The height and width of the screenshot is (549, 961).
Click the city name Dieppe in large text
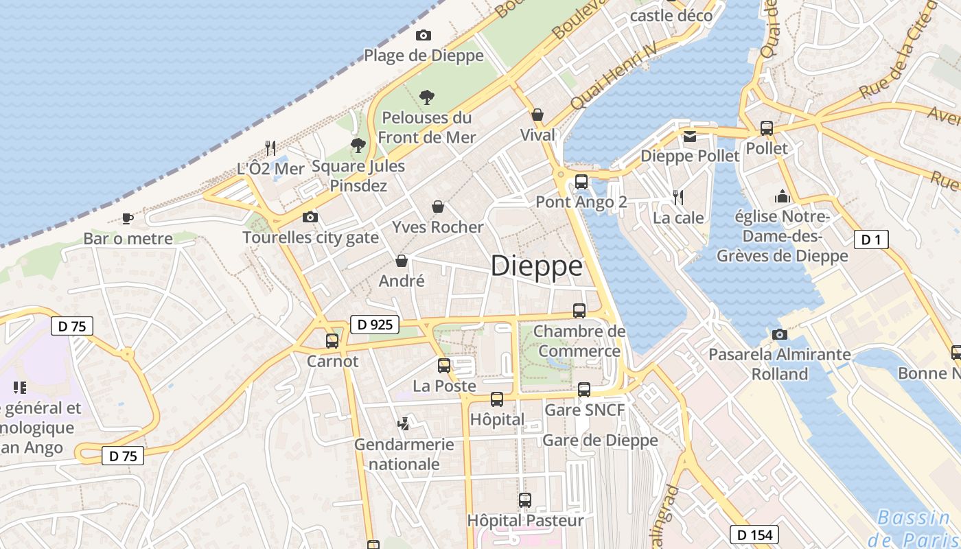coord(537,266)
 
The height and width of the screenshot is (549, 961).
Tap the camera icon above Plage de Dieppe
coord(424,35)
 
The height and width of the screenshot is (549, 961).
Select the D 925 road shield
coord(375,325)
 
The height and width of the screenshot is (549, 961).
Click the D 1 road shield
coord(871,240)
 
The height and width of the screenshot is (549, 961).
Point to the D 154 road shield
coord(754,535)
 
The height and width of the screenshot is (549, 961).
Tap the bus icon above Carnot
coord(332,340)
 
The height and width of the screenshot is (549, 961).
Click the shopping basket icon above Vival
coord(537,115)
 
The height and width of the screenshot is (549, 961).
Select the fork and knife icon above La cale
coord(678,198)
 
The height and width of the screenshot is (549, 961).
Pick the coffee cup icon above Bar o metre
coord(128,218)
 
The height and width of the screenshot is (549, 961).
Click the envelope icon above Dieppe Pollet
coord(690,136)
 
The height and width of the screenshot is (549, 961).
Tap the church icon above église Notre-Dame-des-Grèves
coord(782,197)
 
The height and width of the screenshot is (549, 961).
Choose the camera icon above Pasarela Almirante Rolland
coord(779,334)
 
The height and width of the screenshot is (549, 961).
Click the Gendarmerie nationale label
coord(404,454)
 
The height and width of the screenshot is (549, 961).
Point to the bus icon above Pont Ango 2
coord(581,182)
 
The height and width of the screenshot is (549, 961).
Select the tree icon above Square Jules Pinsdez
coord(358,145)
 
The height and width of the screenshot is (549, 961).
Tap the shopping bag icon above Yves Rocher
coord(438,207)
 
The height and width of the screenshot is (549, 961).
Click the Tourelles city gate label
coord(310,237)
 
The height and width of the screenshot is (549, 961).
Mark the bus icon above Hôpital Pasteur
coord(525,500)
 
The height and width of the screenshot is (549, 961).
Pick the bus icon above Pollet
coord(767,128)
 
